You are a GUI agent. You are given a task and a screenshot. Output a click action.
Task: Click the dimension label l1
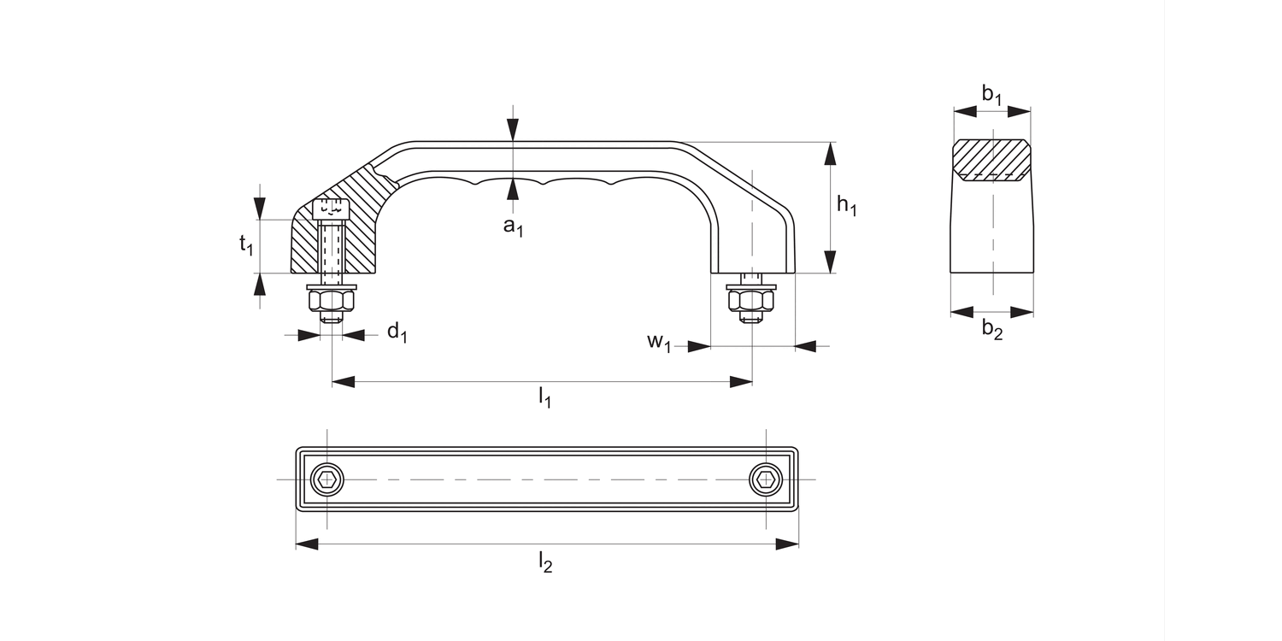pos(544,397)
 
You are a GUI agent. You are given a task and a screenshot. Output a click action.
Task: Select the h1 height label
pos(846,205)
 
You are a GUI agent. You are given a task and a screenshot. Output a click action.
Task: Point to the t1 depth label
pos(246,245)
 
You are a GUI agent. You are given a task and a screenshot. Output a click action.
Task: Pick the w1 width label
pos(659,342)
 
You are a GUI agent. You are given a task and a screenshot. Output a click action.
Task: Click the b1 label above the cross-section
pos(992,95)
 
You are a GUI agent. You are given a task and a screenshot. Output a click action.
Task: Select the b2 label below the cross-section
pos(992,329)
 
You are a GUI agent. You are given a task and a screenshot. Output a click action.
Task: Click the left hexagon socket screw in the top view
pos(326,479)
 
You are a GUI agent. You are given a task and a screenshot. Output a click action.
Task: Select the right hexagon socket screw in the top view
pos(766,479)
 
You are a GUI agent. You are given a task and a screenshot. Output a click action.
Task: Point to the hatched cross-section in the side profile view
pos(991,160)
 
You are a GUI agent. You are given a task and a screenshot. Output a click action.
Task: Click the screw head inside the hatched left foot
pos(332,208)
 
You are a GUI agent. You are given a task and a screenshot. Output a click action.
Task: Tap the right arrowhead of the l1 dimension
pos(741,382)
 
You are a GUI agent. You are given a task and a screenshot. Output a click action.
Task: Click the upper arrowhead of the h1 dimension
pos(829,154)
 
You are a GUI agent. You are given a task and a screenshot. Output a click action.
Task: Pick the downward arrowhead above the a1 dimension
pos(512,129)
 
